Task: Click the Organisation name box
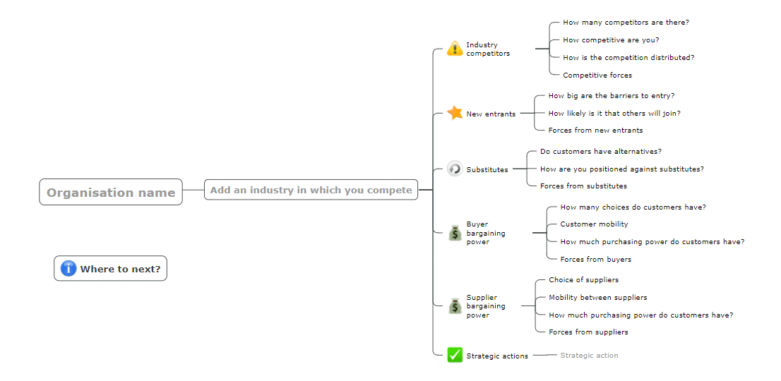pos(111,192)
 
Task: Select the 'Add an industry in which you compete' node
pos(311,190)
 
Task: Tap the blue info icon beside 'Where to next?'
pos(68,269)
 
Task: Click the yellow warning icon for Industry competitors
pos(455,49)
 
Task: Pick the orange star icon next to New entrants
pos(455,113)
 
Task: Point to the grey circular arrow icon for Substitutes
pos(455,169)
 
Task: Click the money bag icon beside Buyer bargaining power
pos(455,233)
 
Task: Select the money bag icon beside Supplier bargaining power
pos(455,306)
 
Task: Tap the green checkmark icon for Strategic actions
pos(455,355)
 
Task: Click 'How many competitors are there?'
pos(626,23)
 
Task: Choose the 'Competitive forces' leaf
pos(597,75)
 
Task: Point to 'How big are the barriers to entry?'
pos(612,95)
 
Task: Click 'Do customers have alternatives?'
pos(601,151)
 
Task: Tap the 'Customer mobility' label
pos(594,224)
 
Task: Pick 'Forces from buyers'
pos(596,259)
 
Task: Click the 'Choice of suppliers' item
pos(584,280)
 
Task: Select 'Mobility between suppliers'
pos(597,298)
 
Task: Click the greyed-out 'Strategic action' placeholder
pos(589,355)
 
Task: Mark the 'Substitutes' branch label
pos(487,169)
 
